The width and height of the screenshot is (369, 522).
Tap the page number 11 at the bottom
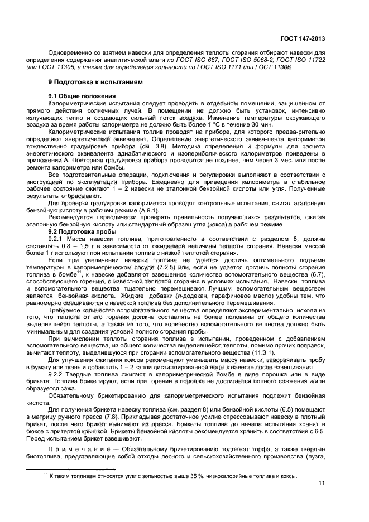321,484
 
